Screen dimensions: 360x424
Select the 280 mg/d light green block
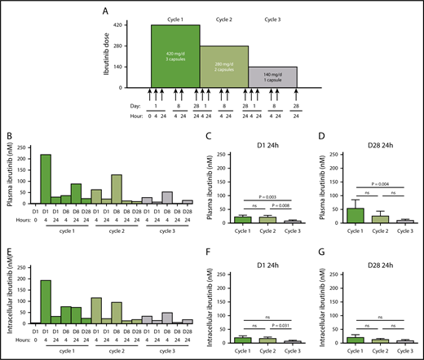[223, 67]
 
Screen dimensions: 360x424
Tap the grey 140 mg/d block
[272, 77]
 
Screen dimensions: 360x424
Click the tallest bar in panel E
[46, 302]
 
